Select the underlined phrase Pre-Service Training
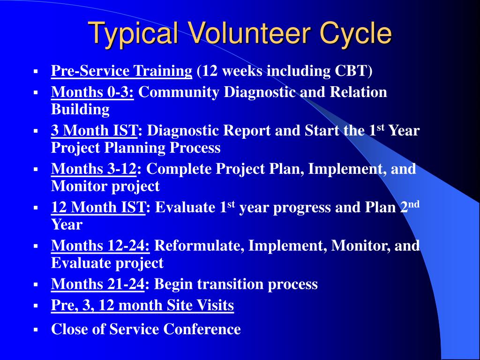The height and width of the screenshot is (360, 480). pyautogui.click(x=121, y=71)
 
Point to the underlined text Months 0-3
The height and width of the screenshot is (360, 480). pyautogui.click(x=92, y=92)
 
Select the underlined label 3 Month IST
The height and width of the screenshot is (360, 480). pyautogui.click(x=94, y=130)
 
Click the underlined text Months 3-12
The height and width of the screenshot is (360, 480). pyautogui.click(x=94, y=169)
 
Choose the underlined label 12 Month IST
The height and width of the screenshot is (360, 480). pyautogui.click(x=98, y=207)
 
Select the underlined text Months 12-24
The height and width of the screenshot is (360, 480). pyautogui.click(x=100, y=246)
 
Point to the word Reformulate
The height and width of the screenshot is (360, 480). pyautogui.click(x=199, y=246)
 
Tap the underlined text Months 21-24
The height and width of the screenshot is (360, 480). pyautogui.click(x=97, y=284)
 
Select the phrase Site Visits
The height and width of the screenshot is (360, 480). pyautogui.click(x=200, y=305)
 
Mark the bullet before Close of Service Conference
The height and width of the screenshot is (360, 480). pyautogui.click(x=36, y=330)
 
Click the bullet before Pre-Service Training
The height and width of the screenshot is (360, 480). pyautogui.click(x=36, y=72)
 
